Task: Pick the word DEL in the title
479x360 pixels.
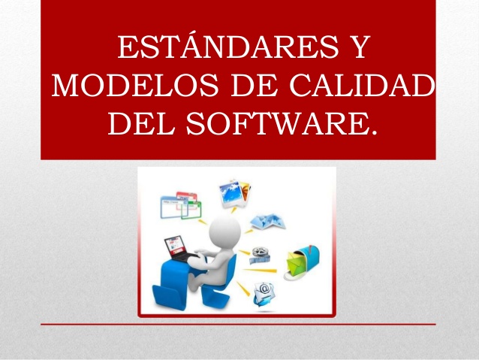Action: (138, 123)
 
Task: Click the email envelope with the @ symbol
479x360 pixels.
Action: (265, 290)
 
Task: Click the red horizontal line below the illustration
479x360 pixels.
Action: (238, 324)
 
